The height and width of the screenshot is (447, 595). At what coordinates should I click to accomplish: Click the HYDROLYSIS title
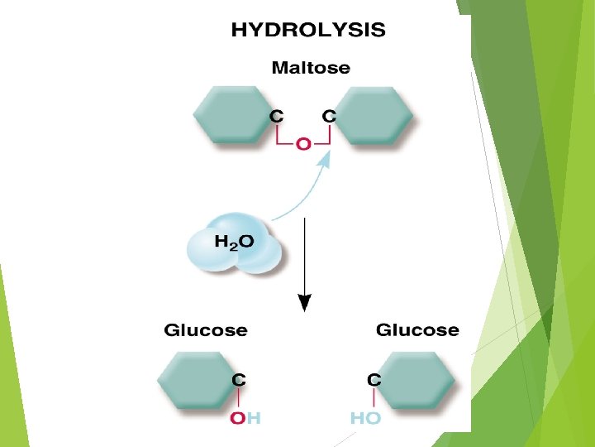(307, 31)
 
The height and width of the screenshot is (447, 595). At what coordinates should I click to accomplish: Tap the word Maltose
(311, 68)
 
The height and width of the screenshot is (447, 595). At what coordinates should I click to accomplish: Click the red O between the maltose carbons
(303, 144)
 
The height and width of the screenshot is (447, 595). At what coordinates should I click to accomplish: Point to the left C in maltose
(278, 117)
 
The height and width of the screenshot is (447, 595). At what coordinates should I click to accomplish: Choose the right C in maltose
(328, 117)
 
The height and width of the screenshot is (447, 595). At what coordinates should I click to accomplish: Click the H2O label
(235, 242)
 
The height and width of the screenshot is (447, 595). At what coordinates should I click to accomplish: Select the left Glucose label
(206, 330)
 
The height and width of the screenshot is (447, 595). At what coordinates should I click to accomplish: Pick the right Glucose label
(417, 330)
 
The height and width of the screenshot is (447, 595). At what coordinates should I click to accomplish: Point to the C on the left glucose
(238, 380)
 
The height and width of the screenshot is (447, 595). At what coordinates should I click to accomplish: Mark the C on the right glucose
(374, 380)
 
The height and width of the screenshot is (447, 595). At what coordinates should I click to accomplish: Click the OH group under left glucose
(245, 418)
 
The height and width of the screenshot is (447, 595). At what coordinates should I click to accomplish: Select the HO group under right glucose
(365, 418)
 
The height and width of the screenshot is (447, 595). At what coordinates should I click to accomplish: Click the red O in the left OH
(238, 418)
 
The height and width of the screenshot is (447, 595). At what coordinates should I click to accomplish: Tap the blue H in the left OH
(254, 418)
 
